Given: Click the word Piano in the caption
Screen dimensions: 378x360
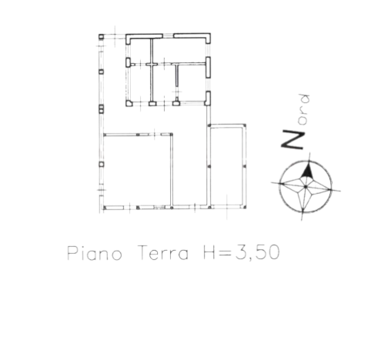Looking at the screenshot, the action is [x=95, y=253].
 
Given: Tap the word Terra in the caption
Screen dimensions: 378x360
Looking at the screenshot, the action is [x=163, y=252].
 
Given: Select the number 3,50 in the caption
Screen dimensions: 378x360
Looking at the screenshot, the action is [x=257, y=252].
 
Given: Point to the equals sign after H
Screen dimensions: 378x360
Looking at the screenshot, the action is [x=226, y=254].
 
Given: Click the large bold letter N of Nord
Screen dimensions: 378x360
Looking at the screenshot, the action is [x=293, y=140].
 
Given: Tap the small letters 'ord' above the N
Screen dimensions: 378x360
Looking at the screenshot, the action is [x=304, y=109].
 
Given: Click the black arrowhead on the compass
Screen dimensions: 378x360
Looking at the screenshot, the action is [x=307, y=170].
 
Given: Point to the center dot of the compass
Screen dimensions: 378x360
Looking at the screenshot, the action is [x=306, y=187].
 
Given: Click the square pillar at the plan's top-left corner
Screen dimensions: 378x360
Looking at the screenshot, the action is [x=102, y=37].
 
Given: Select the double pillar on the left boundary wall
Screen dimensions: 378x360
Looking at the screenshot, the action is [x=102, y=108].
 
